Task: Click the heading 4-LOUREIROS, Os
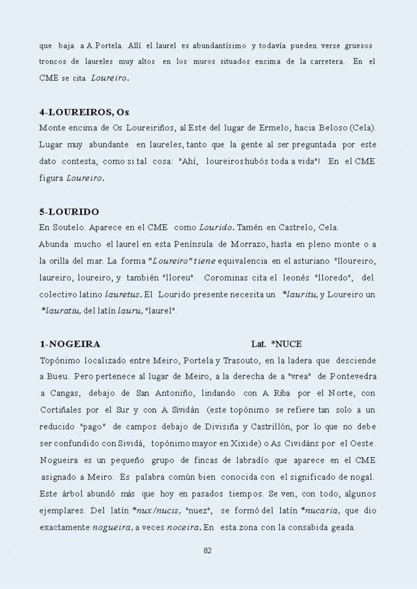pyautogui.click(x=84, y=112)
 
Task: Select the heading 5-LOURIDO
pyautogui.click(x=69, y=212)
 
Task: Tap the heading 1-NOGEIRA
pyautogui.click(x=70, y=344)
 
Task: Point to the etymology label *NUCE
pyautogui.click(x=286, y=344)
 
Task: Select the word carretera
pyautogui.click(x=322, y=62)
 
